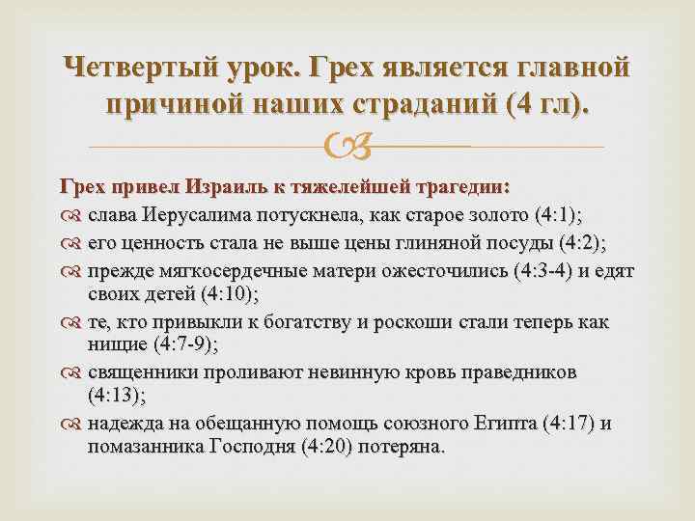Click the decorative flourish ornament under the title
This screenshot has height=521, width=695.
pos(346,147)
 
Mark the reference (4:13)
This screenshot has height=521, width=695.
pos(116,396)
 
